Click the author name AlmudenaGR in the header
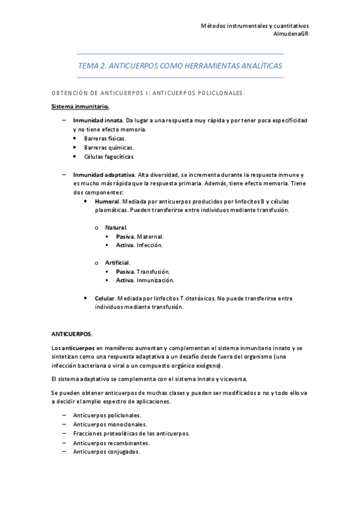(x=291, y=34)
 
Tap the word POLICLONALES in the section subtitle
(x=216, y=93)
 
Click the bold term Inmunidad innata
(x=93, y=121)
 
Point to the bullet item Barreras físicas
(x=105, y=138)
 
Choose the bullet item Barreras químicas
(x=109, y=147)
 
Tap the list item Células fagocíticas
(x=110, y=156)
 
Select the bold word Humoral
(x=108, y=201)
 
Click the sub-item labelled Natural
(x=116, y=228)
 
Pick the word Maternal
(x=150, y=237)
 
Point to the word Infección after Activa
(x=150, y=245)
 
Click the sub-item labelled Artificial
(x=117, y=263)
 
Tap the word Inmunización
(x=156, y=280)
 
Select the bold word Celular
(x=105, y=298)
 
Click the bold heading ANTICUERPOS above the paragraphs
(x=72, y=333)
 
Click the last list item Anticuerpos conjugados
(x=106, y=452)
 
